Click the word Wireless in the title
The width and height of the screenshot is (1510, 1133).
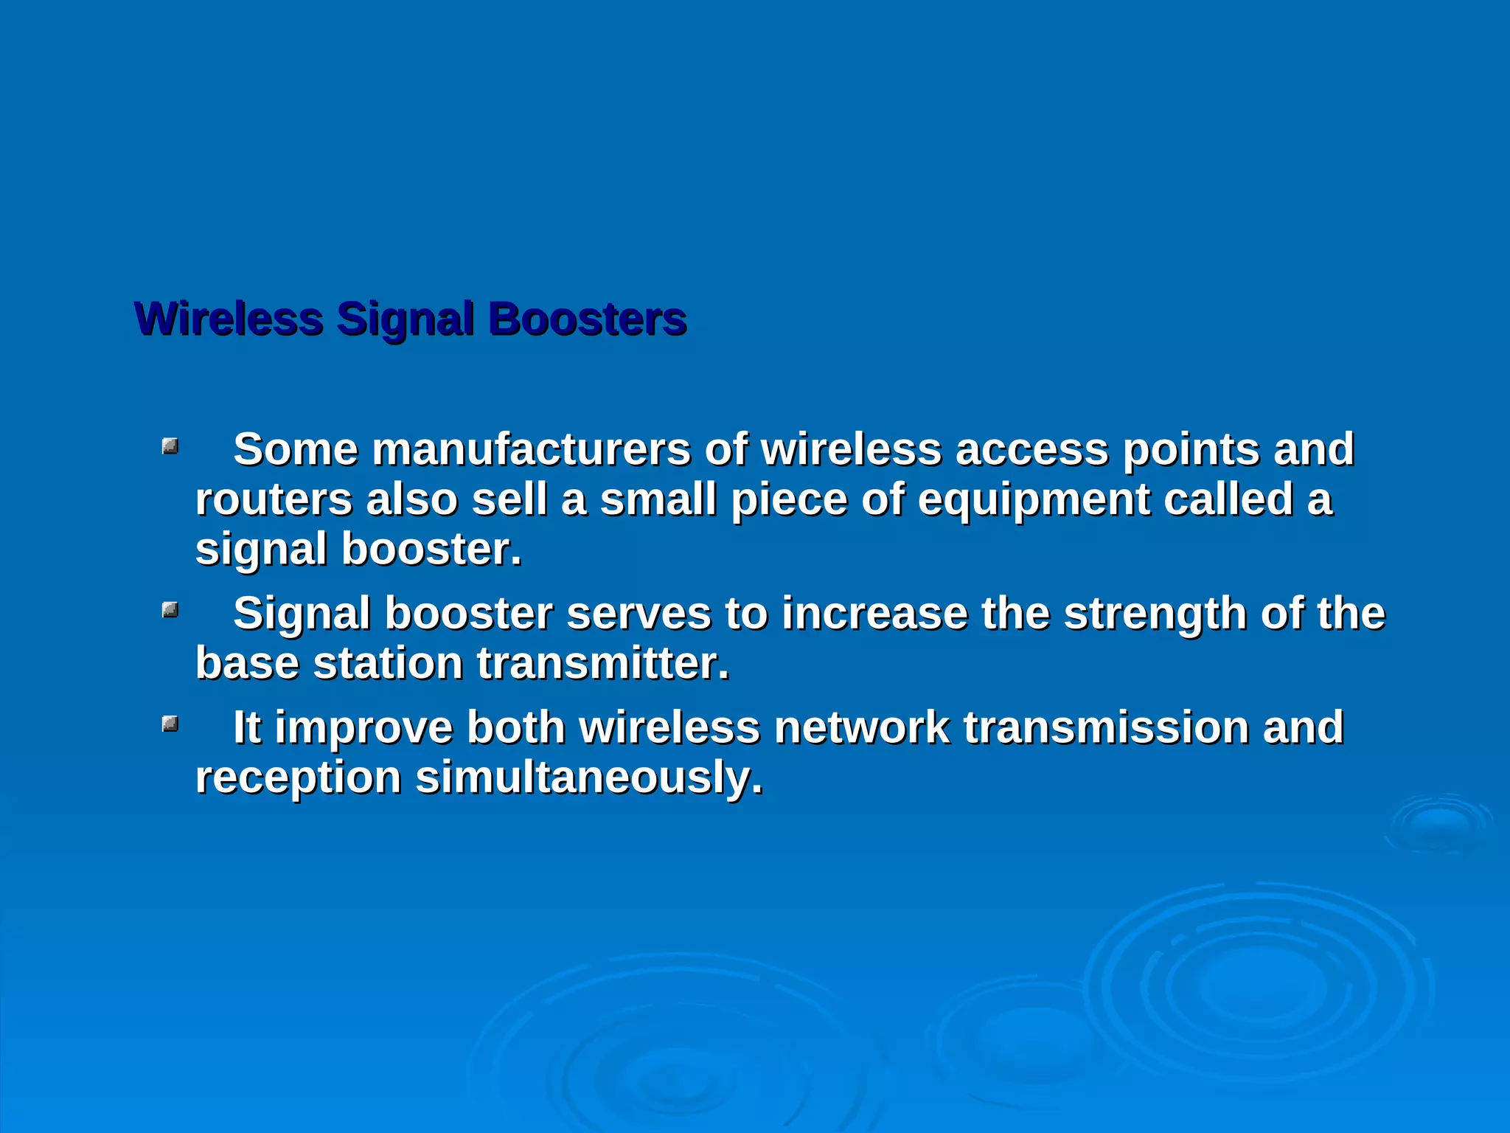(229, 319)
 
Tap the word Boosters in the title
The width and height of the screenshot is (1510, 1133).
(587, 319)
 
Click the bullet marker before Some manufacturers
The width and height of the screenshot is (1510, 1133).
(170, 446)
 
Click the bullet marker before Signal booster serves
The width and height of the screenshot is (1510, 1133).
(170, 609)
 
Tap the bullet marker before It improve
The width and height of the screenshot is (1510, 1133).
(170, 724)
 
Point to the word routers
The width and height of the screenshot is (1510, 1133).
(274, 499)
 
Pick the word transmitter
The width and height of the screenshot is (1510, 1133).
(602, 663)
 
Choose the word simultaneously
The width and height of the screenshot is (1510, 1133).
(588, 777)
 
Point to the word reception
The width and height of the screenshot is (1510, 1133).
(297, 779)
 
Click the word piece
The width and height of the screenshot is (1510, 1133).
(789, 501)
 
